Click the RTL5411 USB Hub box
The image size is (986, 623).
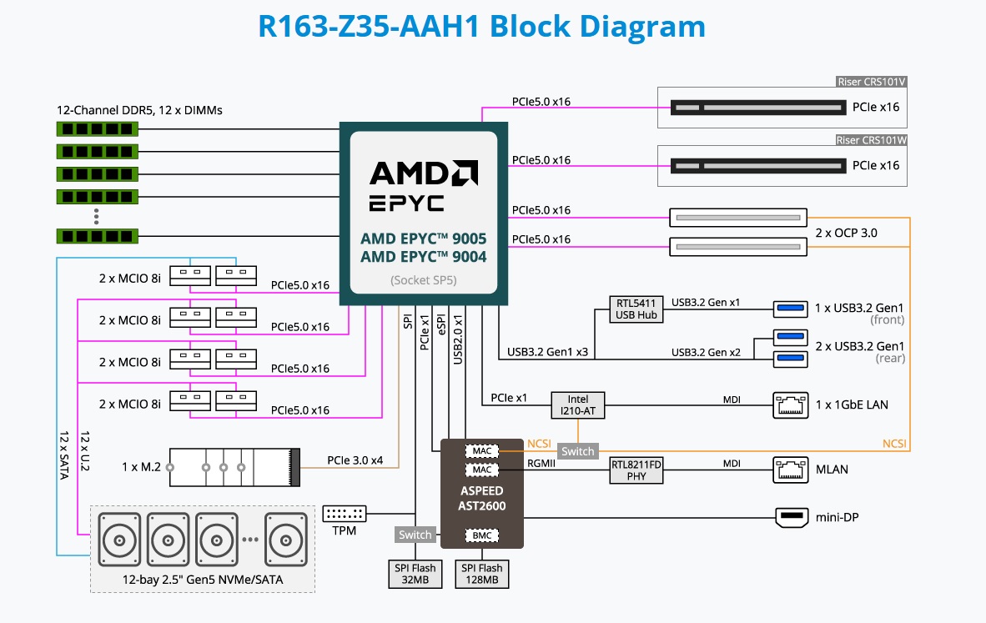[636, 309]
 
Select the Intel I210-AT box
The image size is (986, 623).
[576, 404]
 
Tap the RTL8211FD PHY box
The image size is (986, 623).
[636, 470]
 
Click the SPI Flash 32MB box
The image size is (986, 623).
[415, 574]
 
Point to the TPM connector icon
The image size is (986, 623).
[344, 515]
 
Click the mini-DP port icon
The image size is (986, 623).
[791, 517]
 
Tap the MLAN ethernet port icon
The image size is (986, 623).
[789, 469]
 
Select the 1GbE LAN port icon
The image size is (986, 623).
[789, 404]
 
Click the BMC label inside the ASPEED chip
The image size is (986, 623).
[481, 535]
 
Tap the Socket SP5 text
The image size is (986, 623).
[423, 280]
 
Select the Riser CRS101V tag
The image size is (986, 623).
[872, 82]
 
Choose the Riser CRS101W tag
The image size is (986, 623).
[871, 140]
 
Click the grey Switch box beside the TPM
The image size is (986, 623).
[415, 535]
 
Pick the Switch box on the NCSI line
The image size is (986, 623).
[577, 451]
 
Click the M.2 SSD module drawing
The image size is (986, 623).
[234, 468]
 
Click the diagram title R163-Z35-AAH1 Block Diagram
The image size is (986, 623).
[481, 26]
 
